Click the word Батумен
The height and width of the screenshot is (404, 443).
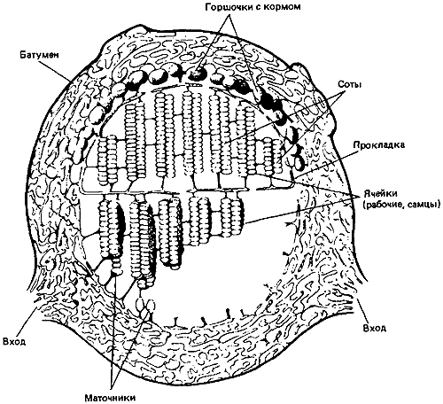coord(40,55)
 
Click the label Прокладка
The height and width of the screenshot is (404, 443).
coord(379,145)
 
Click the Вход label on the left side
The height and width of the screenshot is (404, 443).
coord(14,342)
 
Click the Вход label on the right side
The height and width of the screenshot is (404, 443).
coord(375,328)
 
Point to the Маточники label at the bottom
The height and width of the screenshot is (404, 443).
coord(111,398)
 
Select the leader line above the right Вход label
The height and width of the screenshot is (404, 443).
coord(363,310)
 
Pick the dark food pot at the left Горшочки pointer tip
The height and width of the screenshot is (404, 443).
coord(196,74)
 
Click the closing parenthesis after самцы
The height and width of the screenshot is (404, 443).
coord(437,205)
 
